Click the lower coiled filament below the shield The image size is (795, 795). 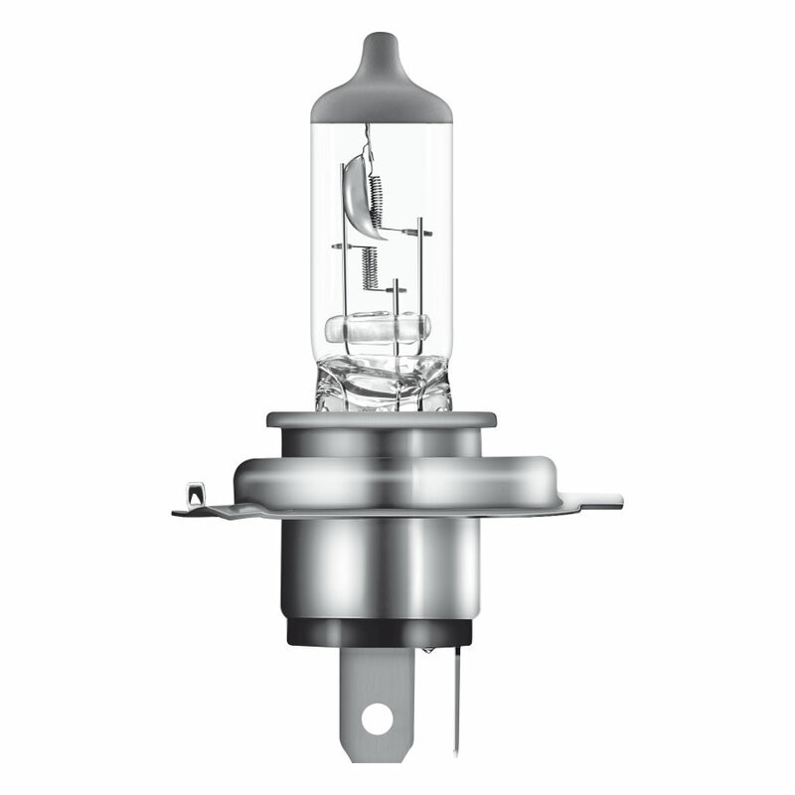pyautogui.click(x=370, y=266)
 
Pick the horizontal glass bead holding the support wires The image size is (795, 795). pyautogui.click(x=378, y=328)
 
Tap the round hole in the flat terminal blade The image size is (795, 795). pyautogui.click(x=376, y=716)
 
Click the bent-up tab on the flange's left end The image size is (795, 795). pyautogui.click(x=195, y=494)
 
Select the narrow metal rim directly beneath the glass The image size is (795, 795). pyautogui.click(x=383, y=419)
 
